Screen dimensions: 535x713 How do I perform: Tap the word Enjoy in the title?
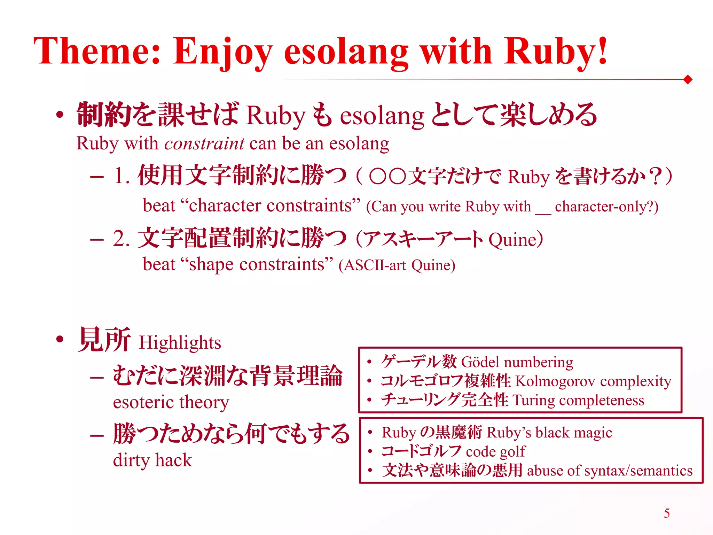[222, 52]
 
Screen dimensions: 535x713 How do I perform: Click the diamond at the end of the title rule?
[688, 80]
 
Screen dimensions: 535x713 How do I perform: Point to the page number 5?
[667, 513]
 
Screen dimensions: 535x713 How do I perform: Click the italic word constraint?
[204, 144]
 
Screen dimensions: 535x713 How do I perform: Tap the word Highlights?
[180, 343]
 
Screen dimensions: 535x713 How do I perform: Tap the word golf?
[513, 452]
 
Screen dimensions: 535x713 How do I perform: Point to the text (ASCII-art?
[373, 265]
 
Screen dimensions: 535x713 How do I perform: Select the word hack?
[173, 460]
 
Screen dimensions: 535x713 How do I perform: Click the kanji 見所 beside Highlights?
[104, 340]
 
